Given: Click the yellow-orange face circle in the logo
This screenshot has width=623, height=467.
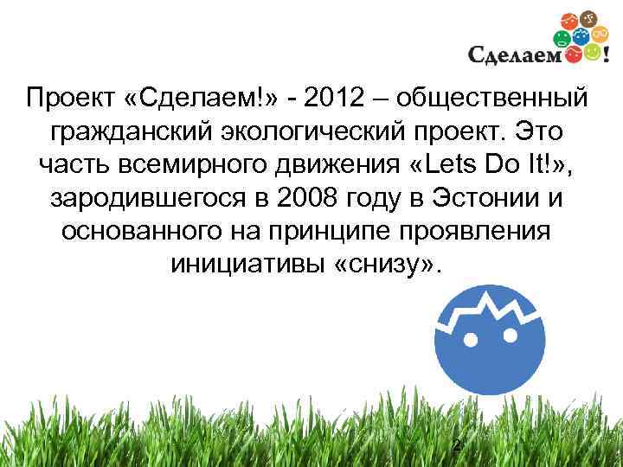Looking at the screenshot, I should [593, 54].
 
